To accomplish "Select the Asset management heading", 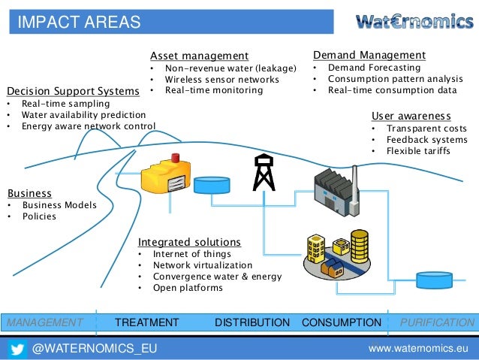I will (x=199, y=56).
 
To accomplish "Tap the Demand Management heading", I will (x=369, y=55).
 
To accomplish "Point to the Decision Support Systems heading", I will (x=73, y=91).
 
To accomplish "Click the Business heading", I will (x=29, y=192).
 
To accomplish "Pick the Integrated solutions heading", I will (x=189, y=242).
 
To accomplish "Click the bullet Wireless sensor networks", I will (x=221, y=79).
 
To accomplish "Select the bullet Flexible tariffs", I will (x=418, y=151).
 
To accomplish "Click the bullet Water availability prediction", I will (x=83, y=115).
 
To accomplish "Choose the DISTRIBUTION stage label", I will (x=252, y=322).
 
